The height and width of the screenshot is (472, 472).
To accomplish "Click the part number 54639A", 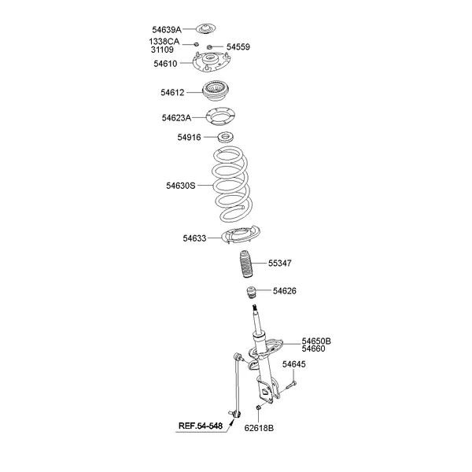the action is (167, 30).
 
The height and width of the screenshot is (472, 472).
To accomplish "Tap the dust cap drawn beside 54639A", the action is (206, 29).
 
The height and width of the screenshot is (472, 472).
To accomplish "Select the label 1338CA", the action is (164, 41).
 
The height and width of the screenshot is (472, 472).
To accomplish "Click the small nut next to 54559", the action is (209, 47).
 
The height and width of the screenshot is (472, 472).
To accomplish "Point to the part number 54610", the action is (165, 64).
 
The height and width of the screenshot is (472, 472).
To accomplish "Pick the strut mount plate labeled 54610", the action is (212, 62).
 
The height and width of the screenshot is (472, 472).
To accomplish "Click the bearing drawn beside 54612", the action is (216, 91).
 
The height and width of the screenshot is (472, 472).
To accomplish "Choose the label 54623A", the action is (176, 118).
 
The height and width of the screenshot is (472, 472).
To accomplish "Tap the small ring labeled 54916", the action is (226, 137).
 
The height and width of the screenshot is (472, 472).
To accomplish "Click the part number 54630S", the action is (181, 186).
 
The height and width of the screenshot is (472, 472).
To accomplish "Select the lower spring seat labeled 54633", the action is (240, 234).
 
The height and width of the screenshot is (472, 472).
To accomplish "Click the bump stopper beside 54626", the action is (251, 293).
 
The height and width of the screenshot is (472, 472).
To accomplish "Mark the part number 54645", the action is (293, 364).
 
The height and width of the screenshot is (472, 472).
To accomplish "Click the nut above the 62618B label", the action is (258, 407).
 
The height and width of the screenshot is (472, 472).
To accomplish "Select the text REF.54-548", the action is (201, 426).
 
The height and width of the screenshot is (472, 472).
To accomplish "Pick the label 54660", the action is (313, 348).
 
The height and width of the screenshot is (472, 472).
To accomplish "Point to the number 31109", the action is (162, 50).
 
